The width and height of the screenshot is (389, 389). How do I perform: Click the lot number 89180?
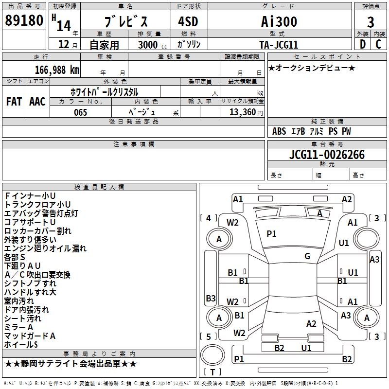(23, 21)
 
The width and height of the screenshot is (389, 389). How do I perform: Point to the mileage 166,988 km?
(57, 70)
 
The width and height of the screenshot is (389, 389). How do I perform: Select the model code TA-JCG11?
(278, 44)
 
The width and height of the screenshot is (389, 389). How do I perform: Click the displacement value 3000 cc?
(151, 45)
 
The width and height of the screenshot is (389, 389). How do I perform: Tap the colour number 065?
(80, 112)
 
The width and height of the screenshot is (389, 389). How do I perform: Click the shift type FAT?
(14, 102)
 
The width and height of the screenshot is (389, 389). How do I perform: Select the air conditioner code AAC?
(37, 102)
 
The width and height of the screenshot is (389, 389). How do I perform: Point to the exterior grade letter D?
(362, 44)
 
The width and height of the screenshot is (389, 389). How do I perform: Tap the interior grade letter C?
(379, 44)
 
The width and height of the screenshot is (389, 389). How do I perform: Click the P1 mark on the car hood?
(271, 234)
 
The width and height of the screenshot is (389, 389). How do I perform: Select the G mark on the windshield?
(307, 256)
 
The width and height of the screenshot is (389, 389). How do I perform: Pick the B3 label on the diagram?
(211, 298)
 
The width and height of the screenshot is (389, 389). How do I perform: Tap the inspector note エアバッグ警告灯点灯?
(41, 213)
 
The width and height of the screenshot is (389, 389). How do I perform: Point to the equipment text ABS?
(279, 131)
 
